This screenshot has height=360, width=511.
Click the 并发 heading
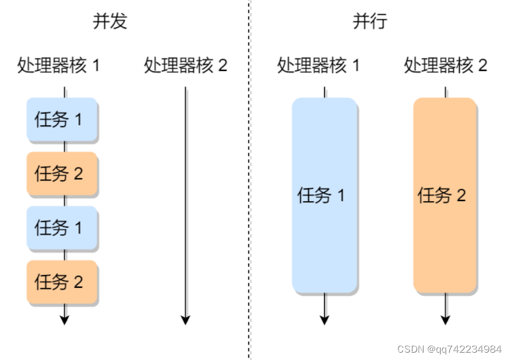[x=110, y=21]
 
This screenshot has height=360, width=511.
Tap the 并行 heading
[x=370, y=21]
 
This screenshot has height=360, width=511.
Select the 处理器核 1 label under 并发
[x=58, y=65]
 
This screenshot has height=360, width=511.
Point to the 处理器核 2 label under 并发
[x=185, y=65]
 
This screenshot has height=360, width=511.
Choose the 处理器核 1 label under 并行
[x=318, y=65]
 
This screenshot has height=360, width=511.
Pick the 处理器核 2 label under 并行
[x=445, y=65]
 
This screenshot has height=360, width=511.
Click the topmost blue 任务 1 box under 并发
[x=62, y=119]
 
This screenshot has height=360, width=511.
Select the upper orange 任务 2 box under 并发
[x=62, y=174]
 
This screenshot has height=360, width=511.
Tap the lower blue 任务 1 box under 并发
[x=62, y=227]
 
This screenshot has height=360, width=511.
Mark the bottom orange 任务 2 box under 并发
[x=62, y=282]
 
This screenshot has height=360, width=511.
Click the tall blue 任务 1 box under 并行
[x=324, y=195]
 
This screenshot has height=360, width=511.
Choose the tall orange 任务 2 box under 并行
[x=445, y=195]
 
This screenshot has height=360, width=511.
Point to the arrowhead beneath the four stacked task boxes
[x=65, y=319]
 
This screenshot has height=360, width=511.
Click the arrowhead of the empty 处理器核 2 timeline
[x=186, y=319]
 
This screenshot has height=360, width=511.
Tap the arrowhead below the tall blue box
[x=325, y=319]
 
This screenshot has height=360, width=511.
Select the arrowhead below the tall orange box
[x=446, y=319]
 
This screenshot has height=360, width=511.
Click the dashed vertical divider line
[x=249, y=183]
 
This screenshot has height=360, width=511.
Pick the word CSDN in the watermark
[x=410, y=349]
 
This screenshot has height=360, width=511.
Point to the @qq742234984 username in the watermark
[x=465, y=349]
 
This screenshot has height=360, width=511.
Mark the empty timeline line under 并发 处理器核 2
[x=186, y=202]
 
